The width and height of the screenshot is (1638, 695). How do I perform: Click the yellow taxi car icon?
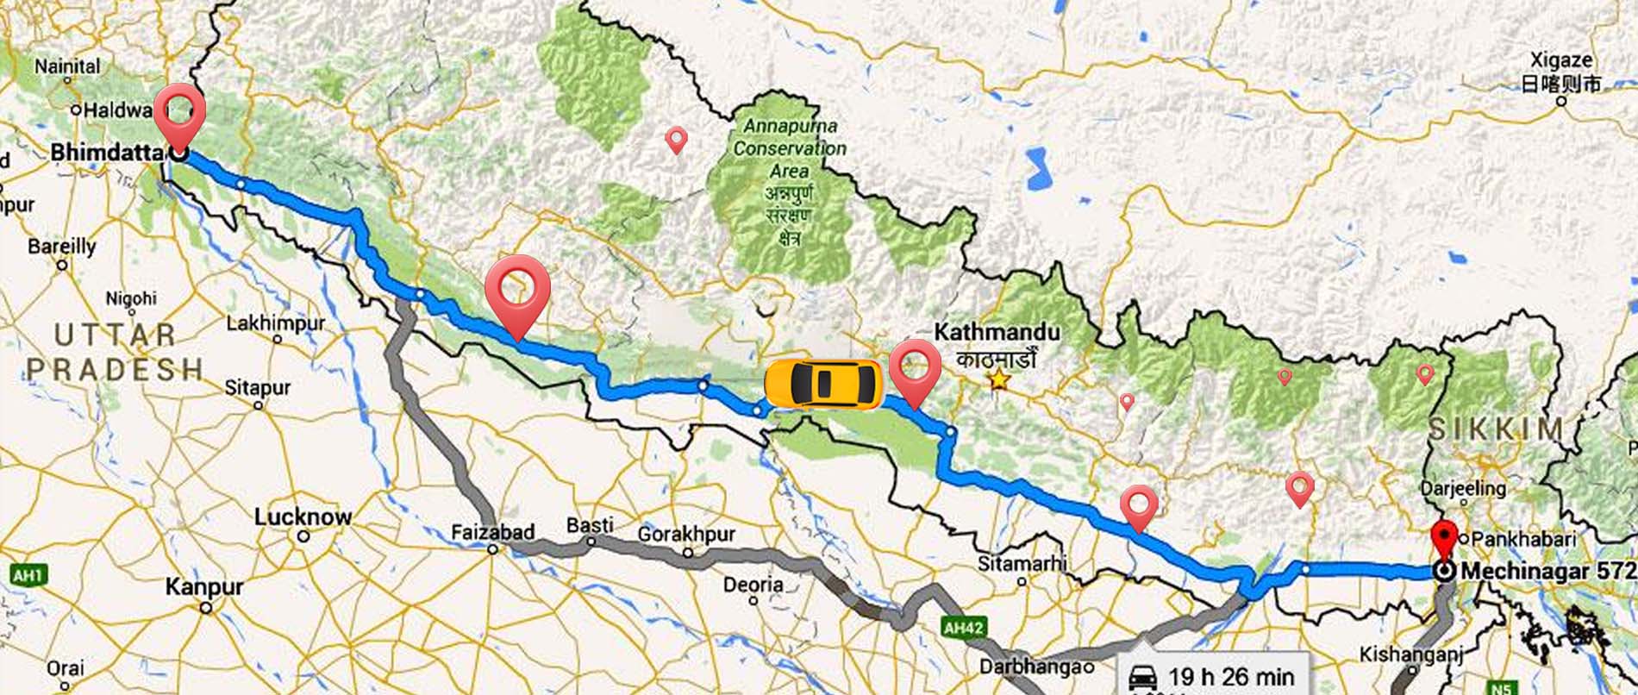coord(823,383)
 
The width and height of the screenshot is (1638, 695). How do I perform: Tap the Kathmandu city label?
coord(997,332)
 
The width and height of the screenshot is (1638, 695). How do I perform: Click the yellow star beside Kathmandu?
coord(998,379)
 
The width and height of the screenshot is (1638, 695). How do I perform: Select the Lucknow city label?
coord(303,517)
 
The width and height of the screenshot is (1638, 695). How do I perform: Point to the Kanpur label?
coord(204,587)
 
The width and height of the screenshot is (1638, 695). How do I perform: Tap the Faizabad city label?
coord(493,532)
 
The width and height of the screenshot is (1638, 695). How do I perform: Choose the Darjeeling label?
coord(1462,487)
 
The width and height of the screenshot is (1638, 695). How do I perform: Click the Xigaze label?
coord(1560,60)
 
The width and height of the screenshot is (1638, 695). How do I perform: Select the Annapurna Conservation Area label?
coord(790,147)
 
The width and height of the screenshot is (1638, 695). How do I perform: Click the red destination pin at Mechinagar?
coord(1444,540)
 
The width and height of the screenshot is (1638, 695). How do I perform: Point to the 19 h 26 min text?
coord(1231,677)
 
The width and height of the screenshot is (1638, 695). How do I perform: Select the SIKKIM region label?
coord(1497,429)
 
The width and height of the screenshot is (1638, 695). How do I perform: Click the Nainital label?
coord(67,66)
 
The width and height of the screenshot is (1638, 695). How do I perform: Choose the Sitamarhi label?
coord(1022,563)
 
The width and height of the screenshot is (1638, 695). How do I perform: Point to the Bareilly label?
coord(62,247)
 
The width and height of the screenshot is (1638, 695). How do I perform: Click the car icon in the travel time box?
coord(1143,678)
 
